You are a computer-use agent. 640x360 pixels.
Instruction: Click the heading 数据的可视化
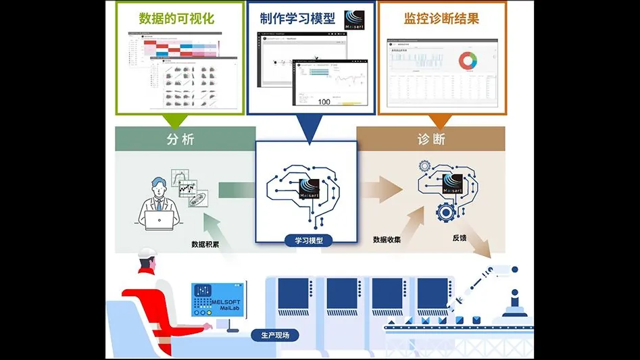click(x=176, y=18)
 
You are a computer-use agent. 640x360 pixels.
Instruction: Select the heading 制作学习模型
click(x=297, y=18)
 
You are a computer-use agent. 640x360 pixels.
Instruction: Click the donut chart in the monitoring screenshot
click(x=468, y=61)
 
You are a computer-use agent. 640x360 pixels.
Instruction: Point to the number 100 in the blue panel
click(x=323, y=101)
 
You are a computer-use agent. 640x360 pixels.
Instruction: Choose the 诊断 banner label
click(x=430, y=139)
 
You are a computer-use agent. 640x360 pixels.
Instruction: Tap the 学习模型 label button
click(x=305, y=240)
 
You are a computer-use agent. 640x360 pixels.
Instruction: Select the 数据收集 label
click(x=387, y=239)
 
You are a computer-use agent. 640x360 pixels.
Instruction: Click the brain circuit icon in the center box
click(x=305, y=188)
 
